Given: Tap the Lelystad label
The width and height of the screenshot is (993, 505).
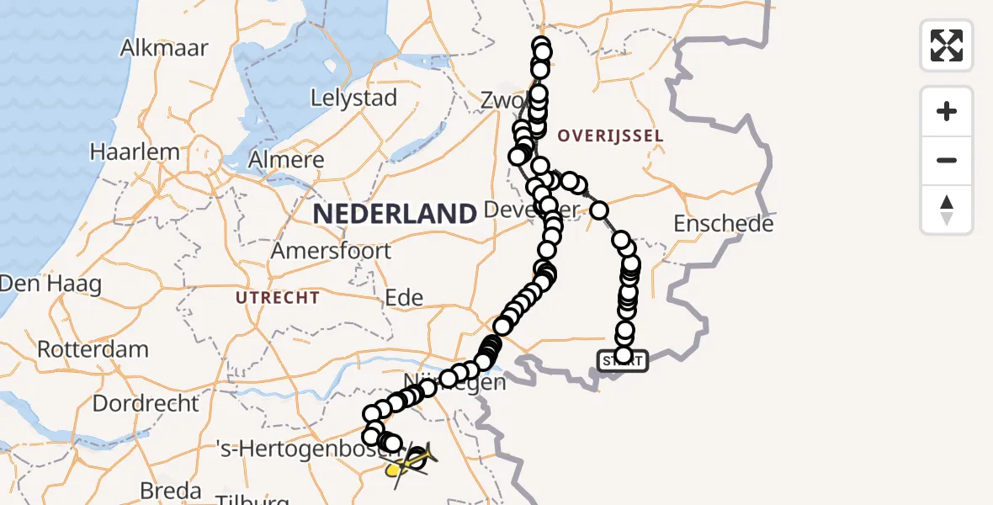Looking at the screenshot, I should coord(353,98).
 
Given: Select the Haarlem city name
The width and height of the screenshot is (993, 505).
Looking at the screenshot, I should coord(135,152).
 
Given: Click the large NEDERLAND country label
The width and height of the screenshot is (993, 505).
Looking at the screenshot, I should coord(395,214).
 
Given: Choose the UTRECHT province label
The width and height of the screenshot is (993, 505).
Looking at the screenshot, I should coord(278,298).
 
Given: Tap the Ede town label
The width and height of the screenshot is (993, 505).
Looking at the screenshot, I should coord(405,297).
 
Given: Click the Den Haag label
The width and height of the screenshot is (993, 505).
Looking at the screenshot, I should coord(50,284).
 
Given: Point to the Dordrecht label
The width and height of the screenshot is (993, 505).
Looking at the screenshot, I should coord(146,402).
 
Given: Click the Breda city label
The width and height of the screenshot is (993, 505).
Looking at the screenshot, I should coord(172,491).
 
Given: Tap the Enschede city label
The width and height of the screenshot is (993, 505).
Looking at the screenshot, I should coord(724,224).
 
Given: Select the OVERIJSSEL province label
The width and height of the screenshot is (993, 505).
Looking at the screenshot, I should coord(610,136).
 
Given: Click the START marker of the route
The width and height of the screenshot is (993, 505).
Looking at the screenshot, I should coord(623,361).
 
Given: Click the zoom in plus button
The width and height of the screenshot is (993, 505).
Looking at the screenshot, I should coord(947,111).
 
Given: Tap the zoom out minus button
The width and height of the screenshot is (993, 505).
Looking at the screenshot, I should coord(947,160).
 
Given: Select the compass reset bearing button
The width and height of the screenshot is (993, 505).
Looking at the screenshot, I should coord(947,210).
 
